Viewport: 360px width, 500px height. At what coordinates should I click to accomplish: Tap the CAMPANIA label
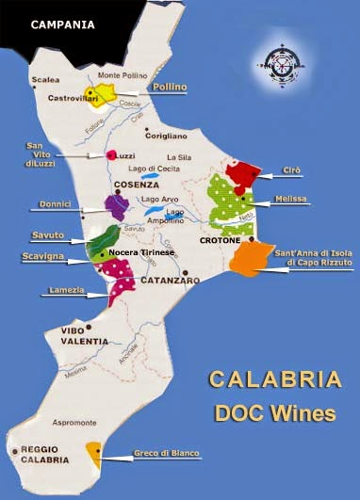click(63, 24)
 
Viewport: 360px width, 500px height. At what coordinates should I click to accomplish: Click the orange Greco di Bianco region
click(94, 453)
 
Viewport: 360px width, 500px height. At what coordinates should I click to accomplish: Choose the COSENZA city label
click(132, 185)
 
